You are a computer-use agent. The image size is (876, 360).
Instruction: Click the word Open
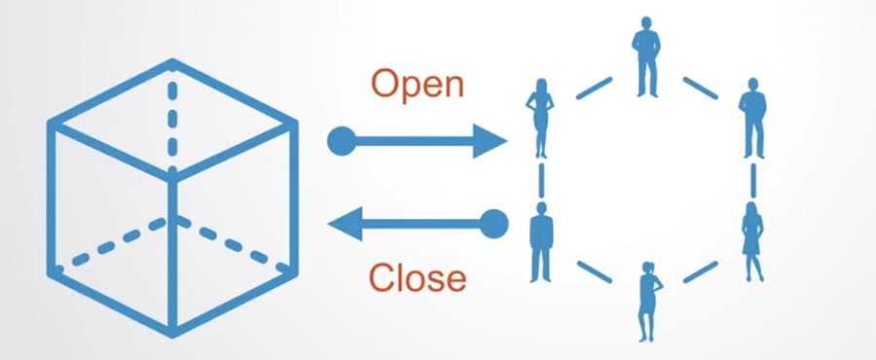pyautogui.click(x=417, y=85)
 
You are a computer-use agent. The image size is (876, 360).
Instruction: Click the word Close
pyautogui.click(x=416, y=278)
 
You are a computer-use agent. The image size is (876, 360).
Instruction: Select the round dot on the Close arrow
pyautogui.click(x=495, y=224)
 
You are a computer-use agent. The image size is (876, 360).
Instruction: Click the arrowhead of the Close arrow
pyautogui.click(x=343, y=225)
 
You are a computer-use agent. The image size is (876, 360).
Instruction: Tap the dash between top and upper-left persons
pyautogui.click(x=592, y=87)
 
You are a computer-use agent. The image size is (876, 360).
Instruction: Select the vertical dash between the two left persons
pyautogui.click(x=539, y=179)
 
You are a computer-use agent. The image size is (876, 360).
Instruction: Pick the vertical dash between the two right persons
pyautogui.click(x=753, y=180)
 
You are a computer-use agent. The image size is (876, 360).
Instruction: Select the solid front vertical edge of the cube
pyautogui.click(x=174, y=253)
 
